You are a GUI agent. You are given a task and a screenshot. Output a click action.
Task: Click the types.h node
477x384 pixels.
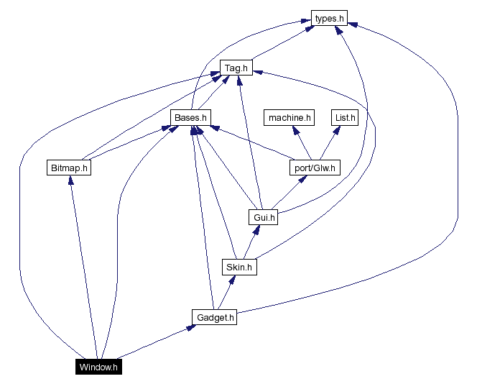coord(329,18)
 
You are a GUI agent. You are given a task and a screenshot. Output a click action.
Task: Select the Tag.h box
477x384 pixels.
coord(235,68)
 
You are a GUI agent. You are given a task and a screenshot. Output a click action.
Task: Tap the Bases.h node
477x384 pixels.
coord(190,117)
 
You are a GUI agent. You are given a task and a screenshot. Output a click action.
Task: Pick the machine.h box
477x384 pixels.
coord(290,117)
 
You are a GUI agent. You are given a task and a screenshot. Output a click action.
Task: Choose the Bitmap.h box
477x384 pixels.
coord(70,168)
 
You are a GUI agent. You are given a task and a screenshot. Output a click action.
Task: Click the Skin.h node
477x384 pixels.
coord(239,267)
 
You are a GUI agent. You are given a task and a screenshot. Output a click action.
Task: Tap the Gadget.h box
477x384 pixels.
coord(214,316)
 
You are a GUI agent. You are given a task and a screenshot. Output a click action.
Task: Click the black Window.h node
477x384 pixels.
coord(98,367)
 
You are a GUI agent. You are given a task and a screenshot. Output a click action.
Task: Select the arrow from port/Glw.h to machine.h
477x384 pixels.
coord(301,143)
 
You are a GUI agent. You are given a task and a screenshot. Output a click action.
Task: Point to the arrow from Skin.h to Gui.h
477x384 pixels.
coord(250,242)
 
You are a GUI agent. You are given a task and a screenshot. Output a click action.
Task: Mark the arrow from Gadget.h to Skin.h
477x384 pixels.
coord(226,292)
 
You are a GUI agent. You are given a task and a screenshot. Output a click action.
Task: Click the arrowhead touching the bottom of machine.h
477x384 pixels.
coord(294,130)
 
